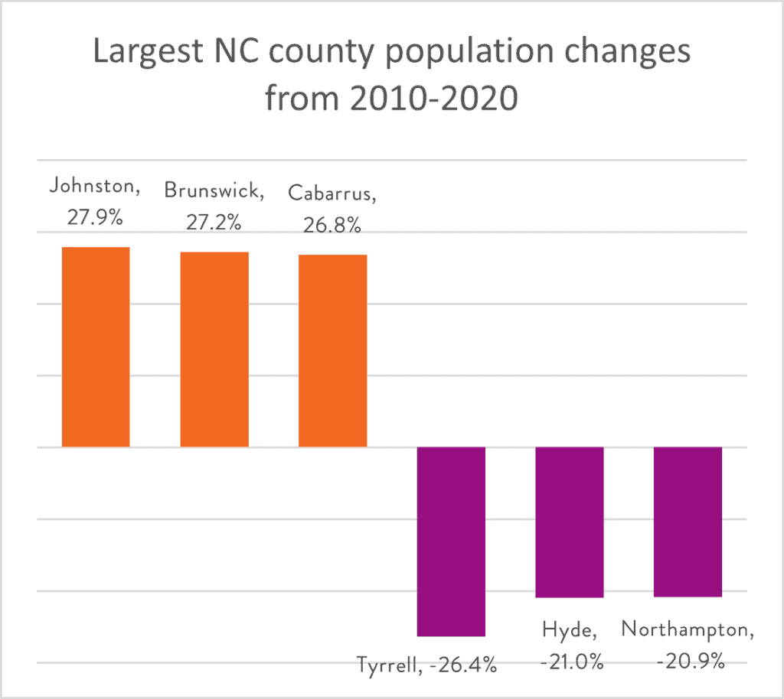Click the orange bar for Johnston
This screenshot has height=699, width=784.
pyautogui.click(x=96, y=346)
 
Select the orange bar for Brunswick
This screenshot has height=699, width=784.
pyautogui.click(x=214, y=349)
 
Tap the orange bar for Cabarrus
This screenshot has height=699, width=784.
pyautogui.click(x=333, y=350)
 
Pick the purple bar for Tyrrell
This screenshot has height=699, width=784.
pyautogui.click(x=451, y=541)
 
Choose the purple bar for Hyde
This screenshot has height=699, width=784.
pyautogui.click(x=570, y=522)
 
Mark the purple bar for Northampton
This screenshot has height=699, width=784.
pyautogui.click(x=688, y=521)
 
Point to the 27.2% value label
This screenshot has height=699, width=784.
pyautogui.click(x=214, y=222)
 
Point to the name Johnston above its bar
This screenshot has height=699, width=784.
pyautogui.click(x=96, y=187)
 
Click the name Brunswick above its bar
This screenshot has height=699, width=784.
pyautogui.click(x=214, y=191)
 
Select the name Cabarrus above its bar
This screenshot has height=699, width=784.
pyautogui.click(x=332, y=194)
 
